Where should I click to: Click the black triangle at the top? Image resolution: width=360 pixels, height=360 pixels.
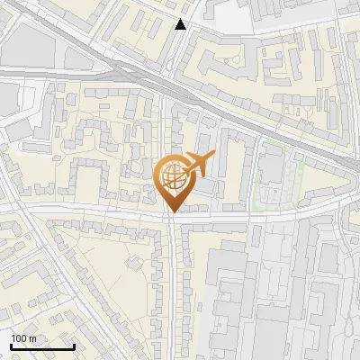tap(181, 24)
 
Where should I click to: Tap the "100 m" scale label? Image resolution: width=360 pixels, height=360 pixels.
tap(23, 338)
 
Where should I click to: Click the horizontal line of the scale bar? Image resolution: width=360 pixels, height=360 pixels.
tap(42, 346)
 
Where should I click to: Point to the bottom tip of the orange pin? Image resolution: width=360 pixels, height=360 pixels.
tap(171, 212)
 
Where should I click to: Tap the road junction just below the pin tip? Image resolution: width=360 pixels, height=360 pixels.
tap(171, 219)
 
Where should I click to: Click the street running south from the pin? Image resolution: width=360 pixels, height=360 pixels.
tap(173, 288)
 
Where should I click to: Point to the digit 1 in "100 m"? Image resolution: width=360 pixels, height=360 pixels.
tap(13, 338)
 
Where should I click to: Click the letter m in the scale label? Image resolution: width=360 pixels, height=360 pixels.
tap(32, 338)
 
